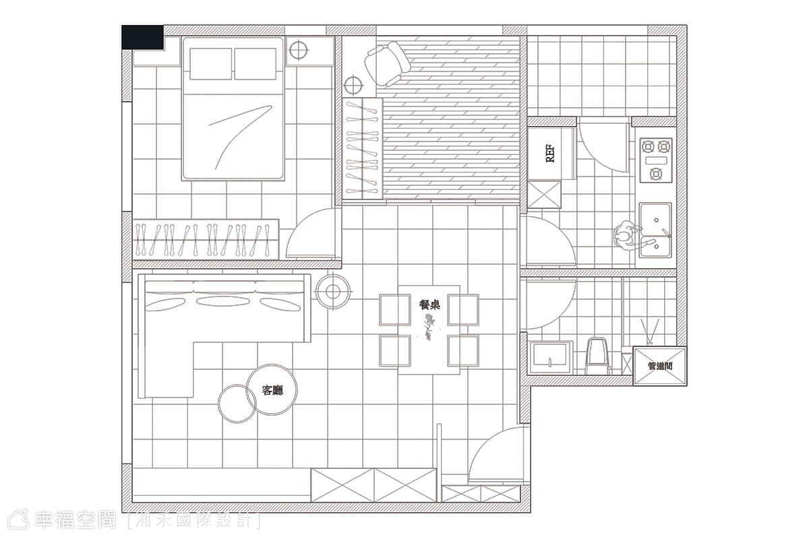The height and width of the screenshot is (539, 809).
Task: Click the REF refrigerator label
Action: point(549,154)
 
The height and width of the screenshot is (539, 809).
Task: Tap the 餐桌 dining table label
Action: point(429,305)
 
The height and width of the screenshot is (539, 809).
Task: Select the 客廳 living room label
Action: point(272,390)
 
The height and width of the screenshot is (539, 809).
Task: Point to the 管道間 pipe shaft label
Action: point(660,366)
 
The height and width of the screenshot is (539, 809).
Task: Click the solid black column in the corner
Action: point(143,37)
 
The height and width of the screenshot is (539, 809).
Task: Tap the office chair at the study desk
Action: point(387,64)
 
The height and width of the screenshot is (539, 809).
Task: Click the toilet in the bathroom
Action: point(597,356)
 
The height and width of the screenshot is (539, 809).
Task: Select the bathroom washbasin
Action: point(549,358)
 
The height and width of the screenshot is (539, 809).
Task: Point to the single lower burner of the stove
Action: point(655,174)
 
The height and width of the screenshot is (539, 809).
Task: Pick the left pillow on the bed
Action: point(210,64)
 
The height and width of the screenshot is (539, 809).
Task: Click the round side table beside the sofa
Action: point(332,292)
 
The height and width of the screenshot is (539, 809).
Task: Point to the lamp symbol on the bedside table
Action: point(298,50)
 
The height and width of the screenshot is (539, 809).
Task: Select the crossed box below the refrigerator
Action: point(544,195)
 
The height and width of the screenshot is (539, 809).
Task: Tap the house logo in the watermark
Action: point(18,519)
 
